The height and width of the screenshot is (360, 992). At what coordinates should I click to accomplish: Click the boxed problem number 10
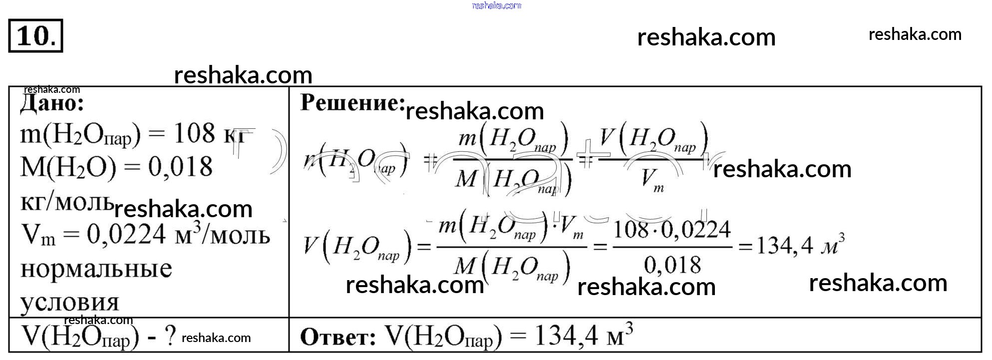[x=35, y=36]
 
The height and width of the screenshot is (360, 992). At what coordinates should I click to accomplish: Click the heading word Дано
[x=52, y=104]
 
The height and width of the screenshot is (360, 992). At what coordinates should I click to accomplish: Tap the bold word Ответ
[x=338, y=338]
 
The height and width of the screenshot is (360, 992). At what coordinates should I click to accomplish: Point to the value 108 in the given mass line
[x=194, y=133]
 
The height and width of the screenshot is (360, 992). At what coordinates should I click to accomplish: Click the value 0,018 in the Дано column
[x=180, y=167]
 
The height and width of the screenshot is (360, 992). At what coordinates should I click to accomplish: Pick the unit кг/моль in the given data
[x=67, y=201]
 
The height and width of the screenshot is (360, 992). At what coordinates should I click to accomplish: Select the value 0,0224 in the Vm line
[x=126, y=234]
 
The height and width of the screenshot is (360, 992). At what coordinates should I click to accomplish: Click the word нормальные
[x=96, y=269]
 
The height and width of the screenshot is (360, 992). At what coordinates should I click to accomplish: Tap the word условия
[x=69, y=302]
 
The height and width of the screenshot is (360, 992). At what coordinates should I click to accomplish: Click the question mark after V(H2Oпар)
[x=170, y=337]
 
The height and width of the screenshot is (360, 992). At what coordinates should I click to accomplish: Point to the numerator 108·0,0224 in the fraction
[x=671, y=230]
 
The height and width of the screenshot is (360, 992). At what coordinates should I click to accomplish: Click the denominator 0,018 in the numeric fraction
[x=672, y=265]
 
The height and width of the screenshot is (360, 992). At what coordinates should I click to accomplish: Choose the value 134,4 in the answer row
[x=566, y=336]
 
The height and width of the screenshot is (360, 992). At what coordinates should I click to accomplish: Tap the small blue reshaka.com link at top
[x=496, y=5]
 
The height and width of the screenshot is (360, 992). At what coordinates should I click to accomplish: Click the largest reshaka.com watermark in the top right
[x=706, y=37]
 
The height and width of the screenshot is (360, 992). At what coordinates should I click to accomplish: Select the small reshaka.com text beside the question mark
[x=216, y=338]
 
